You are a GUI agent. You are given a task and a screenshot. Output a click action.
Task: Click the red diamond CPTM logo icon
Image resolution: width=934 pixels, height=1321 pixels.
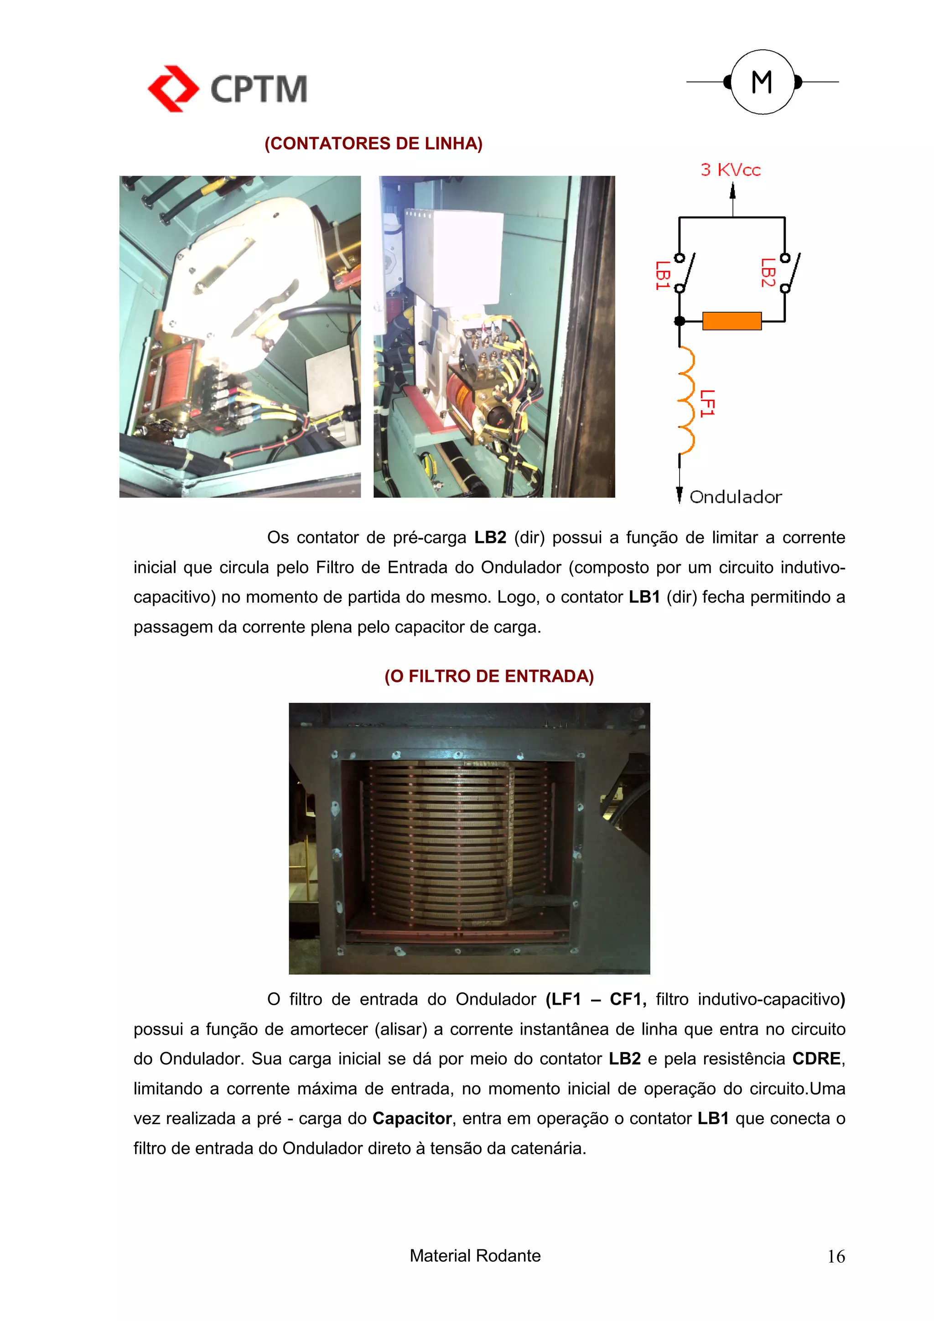173,88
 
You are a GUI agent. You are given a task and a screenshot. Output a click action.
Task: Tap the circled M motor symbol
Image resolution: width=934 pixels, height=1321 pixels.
762,82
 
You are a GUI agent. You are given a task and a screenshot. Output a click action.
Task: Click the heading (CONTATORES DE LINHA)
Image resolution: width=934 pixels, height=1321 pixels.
374,143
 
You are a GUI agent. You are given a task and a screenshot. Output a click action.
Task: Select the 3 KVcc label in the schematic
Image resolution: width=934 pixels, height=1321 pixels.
730,170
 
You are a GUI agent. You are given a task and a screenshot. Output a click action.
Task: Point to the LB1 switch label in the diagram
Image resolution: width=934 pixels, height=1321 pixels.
662,275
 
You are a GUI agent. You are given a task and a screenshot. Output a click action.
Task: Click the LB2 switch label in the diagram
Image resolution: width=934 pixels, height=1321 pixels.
767,273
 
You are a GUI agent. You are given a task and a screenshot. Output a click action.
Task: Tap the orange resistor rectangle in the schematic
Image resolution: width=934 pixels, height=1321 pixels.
732,321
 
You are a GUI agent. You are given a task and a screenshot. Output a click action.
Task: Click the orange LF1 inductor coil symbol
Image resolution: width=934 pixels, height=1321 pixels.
686,400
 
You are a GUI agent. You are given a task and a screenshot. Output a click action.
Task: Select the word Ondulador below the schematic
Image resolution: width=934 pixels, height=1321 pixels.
736,497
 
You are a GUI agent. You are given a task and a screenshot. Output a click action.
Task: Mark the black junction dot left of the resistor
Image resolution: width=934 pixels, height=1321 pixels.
680,321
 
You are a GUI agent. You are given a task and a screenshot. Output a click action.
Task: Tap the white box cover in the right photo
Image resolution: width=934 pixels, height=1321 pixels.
453,256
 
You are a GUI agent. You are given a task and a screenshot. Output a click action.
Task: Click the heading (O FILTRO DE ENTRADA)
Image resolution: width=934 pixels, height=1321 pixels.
488,676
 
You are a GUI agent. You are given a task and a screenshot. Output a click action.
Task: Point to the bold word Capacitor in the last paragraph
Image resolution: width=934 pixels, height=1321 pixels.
412,1119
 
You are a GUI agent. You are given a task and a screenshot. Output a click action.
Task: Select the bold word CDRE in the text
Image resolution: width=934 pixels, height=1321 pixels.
816,1058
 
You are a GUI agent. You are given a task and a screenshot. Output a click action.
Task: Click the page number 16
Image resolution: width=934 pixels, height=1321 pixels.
835,1257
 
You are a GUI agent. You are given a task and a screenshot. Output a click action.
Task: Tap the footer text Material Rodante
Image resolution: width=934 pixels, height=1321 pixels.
475,1255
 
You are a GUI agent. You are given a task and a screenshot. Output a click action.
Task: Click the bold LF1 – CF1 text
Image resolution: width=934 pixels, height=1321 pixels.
596,999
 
